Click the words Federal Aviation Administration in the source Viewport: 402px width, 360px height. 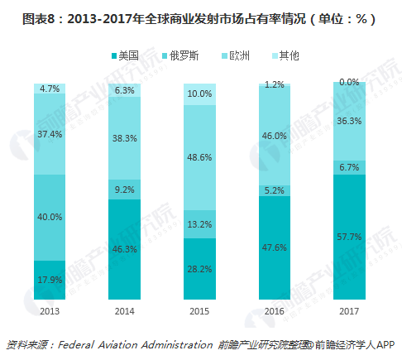click(139, 344)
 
